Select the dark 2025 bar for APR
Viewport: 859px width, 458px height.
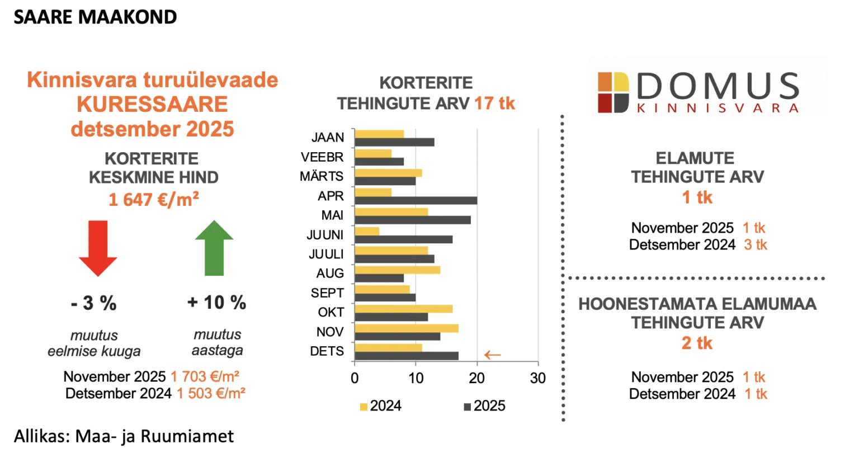point(416,201)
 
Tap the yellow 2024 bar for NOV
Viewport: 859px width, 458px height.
point(407,328)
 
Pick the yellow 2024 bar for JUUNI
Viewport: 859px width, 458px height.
point(367,232)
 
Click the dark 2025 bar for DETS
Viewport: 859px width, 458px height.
point(407,356)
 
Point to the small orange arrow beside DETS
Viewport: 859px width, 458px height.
point(492,355)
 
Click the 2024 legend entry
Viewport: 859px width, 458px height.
point(381,406)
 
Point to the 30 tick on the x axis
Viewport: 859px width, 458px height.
point(537,379)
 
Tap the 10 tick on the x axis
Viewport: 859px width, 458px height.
point(416,379)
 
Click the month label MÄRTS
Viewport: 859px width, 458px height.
point(322,177)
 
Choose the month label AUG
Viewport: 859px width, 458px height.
point(330,273)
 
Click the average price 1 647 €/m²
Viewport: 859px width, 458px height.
point(154,200)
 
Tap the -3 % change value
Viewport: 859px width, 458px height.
point(94,303)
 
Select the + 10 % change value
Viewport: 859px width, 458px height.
point(216,303)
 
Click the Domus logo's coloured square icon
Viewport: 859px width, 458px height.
point(613,92)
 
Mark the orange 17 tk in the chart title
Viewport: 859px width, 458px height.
point(494,103)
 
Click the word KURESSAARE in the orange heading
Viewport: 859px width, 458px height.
point(152,105)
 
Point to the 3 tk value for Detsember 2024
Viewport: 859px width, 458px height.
point(756,245)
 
